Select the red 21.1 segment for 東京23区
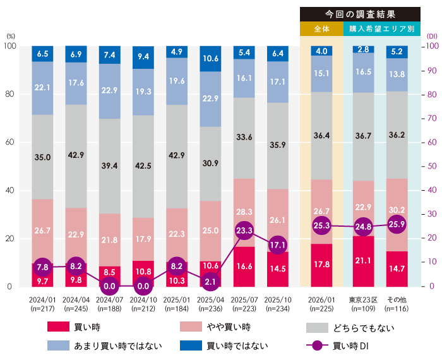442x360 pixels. pyautogui.click(x=363, y=261)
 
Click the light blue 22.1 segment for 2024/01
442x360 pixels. pyautogui.click(x=42, y=88)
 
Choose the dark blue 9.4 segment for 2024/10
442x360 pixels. pyautogui.click(x=143, y=57)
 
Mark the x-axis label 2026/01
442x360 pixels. pyautogui.click(x=321, y=297)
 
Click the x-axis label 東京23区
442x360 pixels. pyautogui.click(x=363, y=297)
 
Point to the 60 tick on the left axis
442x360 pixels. pyautogui.click(x=10, y=143)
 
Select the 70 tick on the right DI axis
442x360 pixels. pyautogui.click(x=431, y=118)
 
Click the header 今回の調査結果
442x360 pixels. pyautogui.click(x=360, y=14)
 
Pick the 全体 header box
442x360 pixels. pyautogui.click(x=321, y=29)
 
